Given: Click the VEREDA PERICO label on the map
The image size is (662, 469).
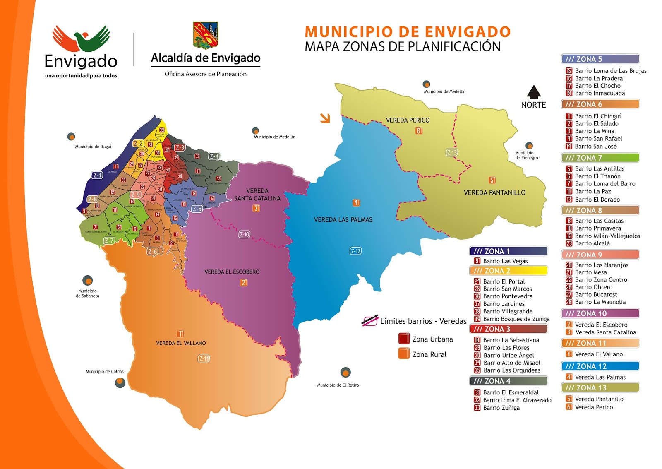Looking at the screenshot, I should [408, 120].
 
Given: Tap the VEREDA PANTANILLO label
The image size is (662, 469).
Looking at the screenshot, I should [494, 192].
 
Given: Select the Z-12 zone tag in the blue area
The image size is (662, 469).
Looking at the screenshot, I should [355, 251].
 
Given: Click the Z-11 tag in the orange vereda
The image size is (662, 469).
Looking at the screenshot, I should [204, 358].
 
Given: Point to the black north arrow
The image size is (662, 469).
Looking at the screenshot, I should [534, 91].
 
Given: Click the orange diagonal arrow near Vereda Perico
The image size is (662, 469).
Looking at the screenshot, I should [325, 118].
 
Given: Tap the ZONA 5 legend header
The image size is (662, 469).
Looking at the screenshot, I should [600, 59].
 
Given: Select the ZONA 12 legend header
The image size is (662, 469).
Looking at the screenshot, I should [600, 366].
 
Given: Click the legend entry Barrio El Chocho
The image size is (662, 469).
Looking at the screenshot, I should [597, 86].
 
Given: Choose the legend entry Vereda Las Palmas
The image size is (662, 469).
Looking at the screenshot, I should [600, 377].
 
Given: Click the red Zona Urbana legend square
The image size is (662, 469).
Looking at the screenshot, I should [404, 339].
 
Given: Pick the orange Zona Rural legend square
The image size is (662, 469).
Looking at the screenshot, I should [404, 354].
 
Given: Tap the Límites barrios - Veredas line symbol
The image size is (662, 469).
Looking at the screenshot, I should [370, 321].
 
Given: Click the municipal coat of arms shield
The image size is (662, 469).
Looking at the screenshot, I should [206, 35].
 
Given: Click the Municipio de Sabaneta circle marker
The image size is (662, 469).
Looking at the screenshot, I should [87, 281].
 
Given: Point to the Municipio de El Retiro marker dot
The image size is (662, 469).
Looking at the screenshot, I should [345, 372].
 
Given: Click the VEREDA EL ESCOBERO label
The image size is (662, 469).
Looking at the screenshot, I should [232, 272].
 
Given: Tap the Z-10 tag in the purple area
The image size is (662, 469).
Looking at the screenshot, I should [244, 234].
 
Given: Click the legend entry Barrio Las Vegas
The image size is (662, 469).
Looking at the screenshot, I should [505, 261].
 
